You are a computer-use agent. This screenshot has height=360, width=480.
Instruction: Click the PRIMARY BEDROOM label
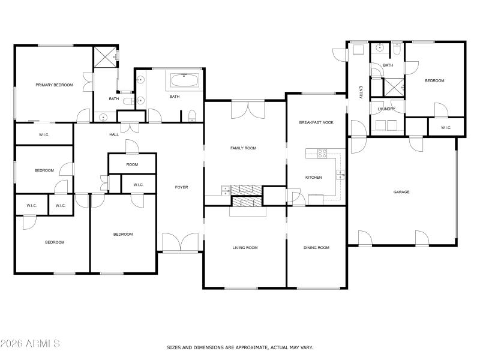coord(54,85)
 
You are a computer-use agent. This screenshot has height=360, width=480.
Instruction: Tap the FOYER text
coord(181,187)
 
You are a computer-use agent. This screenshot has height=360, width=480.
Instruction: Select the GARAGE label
coord(401,192)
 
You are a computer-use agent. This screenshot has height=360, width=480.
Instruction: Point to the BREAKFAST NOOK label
coord(316,122)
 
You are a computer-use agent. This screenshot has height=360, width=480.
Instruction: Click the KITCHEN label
coord(314,178)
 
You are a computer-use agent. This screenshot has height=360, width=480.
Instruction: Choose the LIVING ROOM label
coord(245,247)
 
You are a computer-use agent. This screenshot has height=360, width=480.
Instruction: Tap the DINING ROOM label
coord(316,247)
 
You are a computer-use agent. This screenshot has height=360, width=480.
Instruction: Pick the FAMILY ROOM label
coord(244,148)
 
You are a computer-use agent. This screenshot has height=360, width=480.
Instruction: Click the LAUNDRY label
coord(386,109)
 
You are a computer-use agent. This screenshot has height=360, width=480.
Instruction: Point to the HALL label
coord(114,134)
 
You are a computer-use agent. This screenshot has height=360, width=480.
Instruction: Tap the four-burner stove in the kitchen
coord(322,153)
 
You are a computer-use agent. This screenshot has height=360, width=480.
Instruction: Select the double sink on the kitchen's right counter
coord(340,175)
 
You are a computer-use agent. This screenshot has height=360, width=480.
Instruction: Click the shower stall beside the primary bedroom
coord(105,57)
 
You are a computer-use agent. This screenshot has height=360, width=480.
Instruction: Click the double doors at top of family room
coord(247,109)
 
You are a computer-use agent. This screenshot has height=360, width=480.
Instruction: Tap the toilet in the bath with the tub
coord(191,115)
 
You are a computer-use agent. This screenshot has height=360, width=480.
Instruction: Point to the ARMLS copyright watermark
coord(30,344)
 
